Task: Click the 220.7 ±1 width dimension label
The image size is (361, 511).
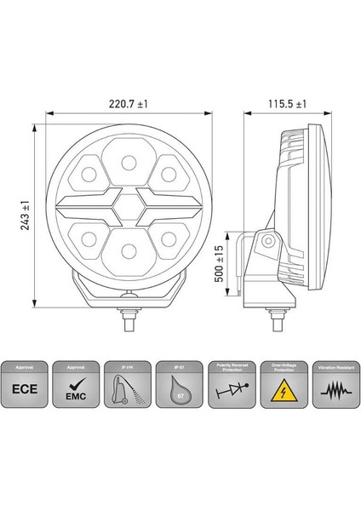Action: pyautogui.click(x=128, y=102)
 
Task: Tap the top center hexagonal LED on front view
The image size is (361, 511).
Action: pyautogui.click(x=128, y=162)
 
